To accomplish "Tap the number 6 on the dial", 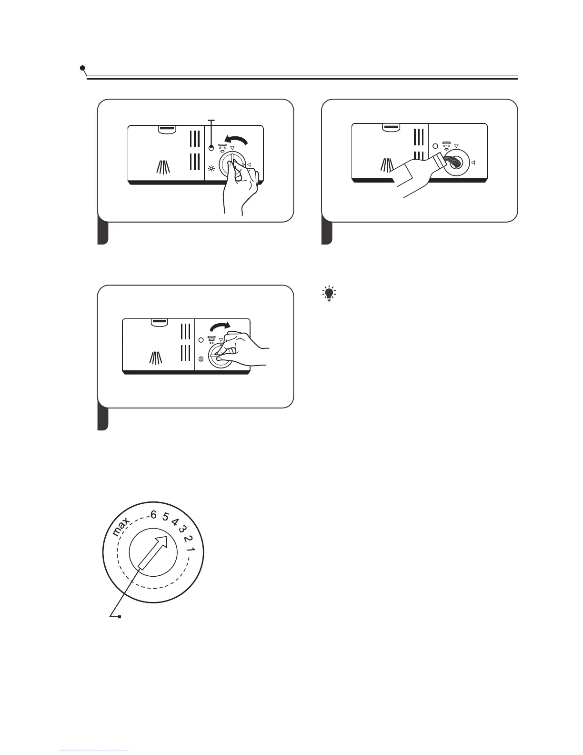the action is point(153,515).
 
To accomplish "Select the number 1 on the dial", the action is point(191,550).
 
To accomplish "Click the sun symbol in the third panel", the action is point(201,359).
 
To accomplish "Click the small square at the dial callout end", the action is point(120,617).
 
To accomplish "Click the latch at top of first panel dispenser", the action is point(166,129).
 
